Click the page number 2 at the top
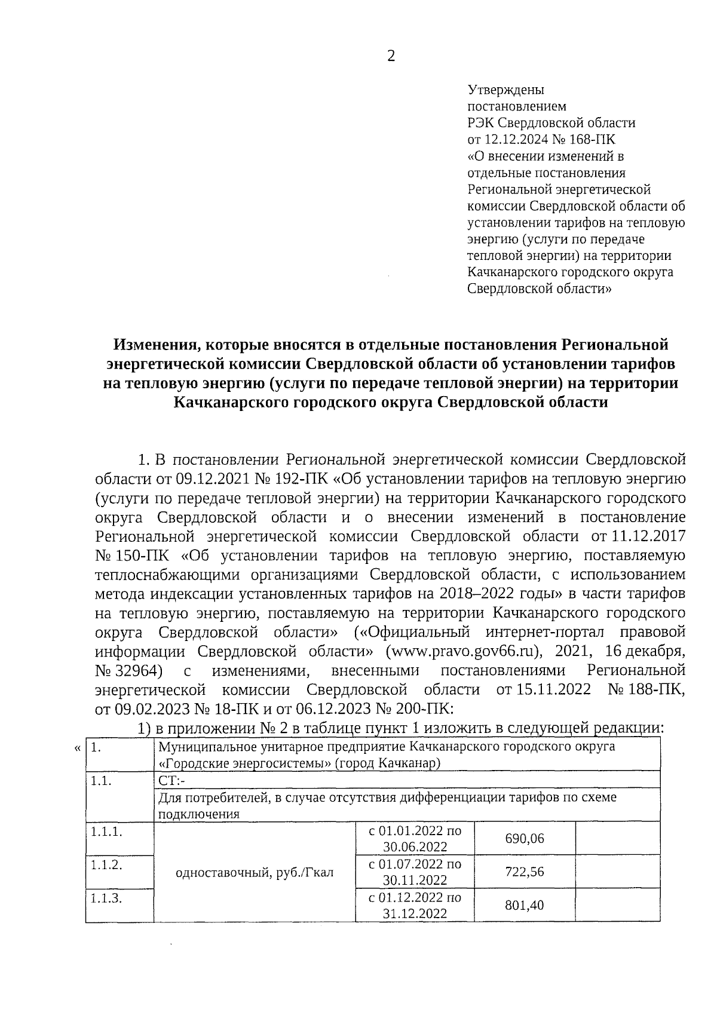click(x=391, y=56)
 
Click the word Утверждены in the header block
click(x=505, y=90)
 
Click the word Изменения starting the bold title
click(x=150, y=345)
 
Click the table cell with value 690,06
click(x=525, y=838)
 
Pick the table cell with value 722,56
click(x=525, y=872)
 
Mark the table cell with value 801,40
click(x=525, y=905)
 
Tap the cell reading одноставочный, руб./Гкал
click(x=254, y=872)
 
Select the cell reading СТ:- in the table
click(x=173, y=780)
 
